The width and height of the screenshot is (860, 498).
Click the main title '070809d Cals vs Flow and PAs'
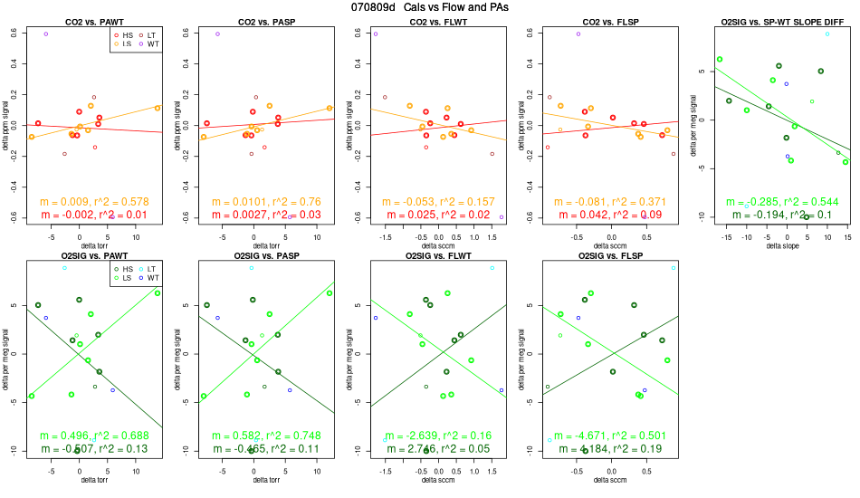click(x=428, y=7)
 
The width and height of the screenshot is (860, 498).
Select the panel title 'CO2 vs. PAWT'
click(x=95, y=21)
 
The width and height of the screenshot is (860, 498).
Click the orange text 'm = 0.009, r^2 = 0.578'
click(x=95, y=202)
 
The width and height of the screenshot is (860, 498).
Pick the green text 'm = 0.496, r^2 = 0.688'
click(x=95, y=436)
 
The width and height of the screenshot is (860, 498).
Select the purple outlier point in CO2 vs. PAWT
click(x=46, y=34)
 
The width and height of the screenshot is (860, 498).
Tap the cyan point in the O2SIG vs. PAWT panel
click(x=64, y=268)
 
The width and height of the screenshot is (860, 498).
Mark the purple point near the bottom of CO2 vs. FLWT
click(x=501, y=217)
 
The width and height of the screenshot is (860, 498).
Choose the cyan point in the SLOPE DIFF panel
click(x=827, y=34)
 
